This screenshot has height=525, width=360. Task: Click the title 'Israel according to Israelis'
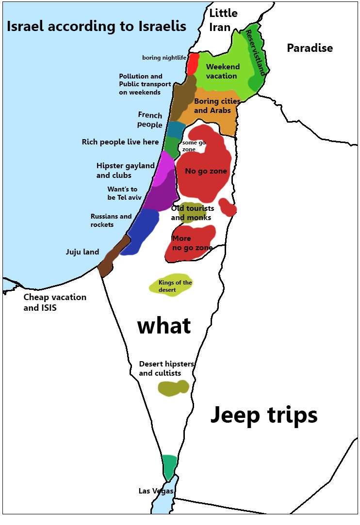point(96,26)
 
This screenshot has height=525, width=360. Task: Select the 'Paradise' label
point(310,48)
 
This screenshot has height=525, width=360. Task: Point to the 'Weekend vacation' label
point(222,71)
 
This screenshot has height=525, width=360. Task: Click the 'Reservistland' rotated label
point(255,52)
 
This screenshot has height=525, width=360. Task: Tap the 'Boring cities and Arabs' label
point(216,106)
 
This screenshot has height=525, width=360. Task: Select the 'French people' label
point(150,120)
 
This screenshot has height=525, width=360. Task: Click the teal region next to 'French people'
point(175,129)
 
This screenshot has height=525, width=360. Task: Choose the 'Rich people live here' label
point(120,142)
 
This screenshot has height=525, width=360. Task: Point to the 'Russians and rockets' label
point(111,221)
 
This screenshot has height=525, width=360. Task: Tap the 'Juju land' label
point(82,252)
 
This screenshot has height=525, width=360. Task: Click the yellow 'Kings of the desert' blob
point(171,286)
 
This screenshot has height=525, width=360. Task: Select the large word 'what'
point(164,326)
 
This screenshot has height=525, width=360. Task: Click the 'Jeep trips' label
point(263,415)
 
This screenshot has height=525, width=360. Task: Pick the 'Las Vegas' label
point(155,491)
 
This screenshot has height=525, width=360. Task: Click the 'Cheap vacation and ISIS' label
point(54,302)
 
